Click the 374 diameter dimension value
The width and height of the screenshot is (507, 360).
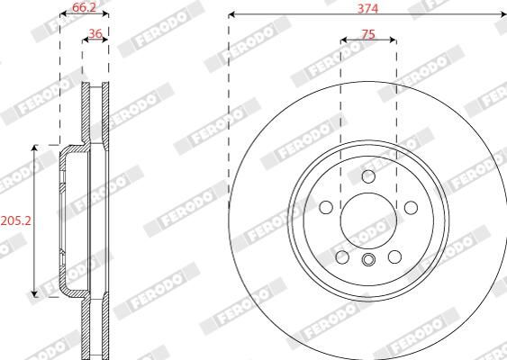pyautogui.click(x=367, y=8)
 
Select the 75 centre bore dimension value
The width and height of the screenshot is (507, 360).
pyautogui.click(x=368, y=34)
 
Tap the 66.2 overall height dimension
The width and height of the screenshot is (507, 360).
pyautogui.click(x=84, y=7)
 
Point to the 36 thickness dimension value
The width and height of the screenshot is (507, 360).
pyautogui.click(x=95, y=33)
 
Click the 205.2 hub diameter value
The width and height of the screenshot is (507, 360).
pyautogui.click(x=15, y=220)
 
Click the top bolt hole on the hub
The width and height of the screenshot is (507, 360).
pyautogui.click(x=368, y=176)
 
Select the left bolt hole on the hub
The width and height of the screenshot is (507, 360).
pyautogui.click(x=326, y=207)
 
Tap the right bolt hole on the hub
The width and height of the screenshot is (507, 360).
pyautogui.click(x=411, y=208)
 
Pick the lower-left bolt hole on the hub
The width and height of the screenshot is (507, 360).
pyautogui.click(x=342, y=256)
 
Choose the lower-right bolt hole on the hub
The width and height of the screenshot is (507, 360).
pyautogui.click(x=394, y=256)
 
